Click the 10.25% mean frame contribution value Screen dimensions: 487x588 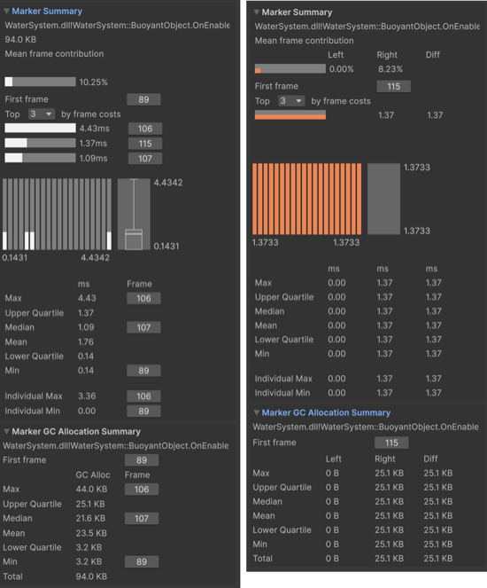point(93,82)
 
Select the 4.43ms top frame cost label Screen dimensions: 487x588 point(95,129)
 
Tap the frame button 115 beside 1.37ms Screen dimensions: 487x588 point(145,144)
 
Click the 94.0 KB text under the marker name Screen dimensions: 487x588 point(20,40)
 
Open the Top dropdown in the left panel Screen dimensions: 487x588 point(42,114)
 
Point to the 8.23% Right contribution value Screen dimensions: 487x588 point(390,69)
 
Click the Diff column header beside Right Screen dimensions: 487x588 point(433,55)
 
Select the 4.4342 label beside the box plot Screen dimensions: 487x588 point(168,183)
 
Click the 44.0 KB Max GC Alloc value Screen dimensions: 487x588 point(91,489)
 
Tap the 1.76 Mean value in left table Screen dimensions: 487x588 point(86,341)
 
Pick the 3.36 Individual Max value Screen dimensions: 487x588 point(87,396)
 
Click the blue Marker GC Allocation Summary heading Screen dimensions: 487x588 point(326,412)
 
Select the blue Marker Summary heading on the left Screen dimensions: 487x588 point(47,12)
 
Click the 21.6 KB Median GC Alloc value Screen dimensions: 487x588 point(90,518)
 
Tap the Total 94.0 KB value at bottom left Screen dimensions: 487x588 point(91,576)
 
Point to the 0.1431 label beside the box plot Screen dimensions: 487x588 point(166,247)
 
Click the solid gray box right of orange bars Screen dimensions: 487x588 point(383,200)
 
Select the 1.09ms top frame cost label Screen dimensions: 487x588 point(93,158)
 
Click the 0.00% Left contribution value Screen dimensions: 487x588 point(342,69)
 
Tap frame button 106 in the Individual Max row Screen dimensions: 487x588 point(143,396)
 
